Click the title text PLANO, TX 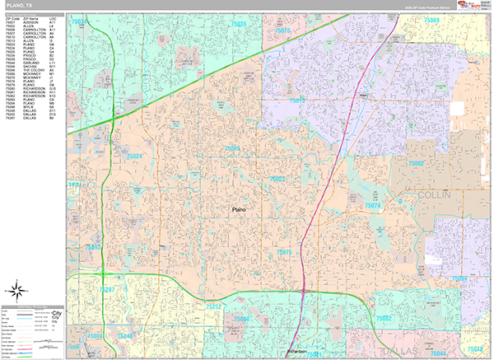[20, 6]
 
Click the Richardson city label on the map [303, 352]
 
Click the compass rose [16, 289]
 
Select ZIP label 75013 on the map [296, 101]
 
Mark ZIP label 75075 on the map [285, 251]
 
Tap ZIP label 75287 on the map [107, 291]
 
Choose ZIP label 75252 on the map [213, 306]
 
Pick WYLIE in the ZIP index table [30, 106]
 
